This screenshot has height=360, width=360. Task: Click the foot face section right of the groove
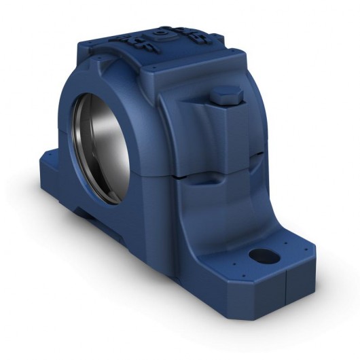point(302,285)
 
